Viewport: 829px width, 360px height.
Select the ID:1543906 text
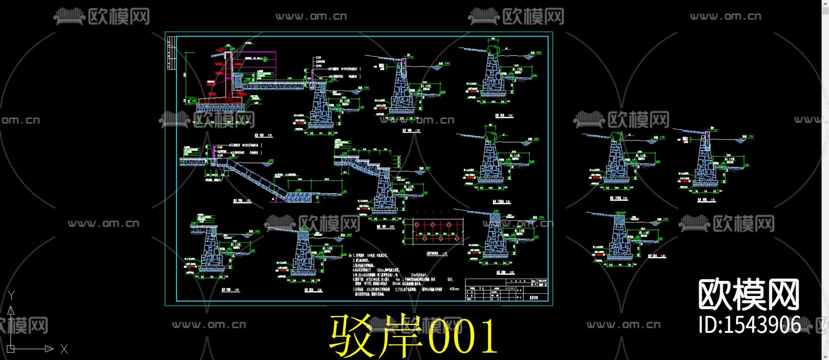point(749,324)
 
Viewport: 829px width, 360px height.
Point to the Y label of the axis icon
point(12,295)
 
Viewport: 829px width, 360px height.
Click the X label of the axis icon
point(64,349)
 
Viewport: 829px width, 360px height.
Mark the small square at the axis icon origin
point(11,349)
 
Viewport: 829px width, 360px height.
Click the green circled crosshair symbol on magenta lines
point(265,59)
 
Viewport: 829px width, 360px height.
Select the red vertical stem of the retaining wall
point(228,74)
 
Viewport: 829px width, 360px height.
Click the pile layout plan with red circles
point(433,232)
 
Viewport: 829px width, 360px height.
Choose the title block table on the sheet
point(507,290)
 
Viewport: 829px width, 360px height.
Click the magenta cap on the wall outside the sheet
point(706,134)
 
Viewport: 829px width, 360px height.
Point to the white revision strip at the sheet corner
point(171,53)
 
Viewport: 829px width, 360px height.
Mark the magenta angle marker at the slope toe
point(275,198)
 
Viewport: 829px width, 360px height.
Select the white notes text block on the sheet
point(396,274)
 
